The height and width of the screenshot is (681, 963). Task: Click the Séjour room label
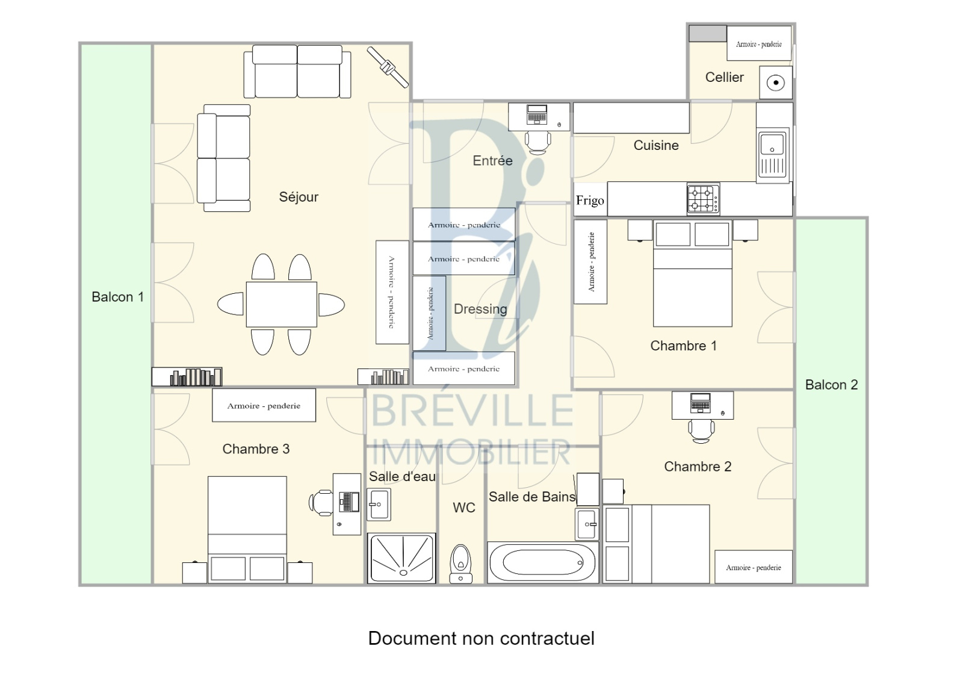pyautogui.click(x=299, y=197)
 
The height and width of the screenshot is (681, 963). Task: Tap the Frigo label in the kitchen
pyautogui.click(x=590, y=201)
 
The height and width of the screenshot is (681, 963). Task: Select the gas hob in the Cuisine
pyautogui.click(x=703, y=199)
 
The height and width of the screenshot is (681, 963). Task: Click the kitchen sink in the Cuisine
pyautogui.click(x=773, y=154)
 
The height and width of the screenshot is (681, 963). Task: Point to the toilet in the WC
pyautogui.click(x=460, y=564)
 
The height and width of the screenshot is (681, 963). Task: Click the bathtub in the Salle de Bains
pyautogui.click(x=542, y=562)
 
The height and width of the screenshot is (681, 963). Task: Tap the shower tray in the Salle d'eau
pyautogui.click(x=401, y=558)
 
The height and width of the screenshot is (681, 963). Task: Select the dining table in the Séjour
pyautogui.click(x=281, y=304)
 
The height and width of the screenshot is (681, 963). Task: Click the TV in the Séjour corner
pyautogui.click(x=388, y=67)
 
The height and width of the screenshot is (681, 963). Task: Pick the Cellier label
pyautogui.click(x=725, y=78)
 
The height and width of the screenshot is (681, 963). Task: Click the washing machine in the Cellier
pyautogui.click(x=776, y=82)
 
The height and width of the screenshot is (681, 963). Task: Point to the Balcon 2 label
pyautogui.click(x=831, y=385)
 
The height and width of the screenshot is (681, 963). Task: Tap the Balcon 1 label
pyautogui.click(x=118, y=297)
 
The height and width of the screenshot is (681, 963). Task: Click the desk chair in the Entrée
pyautogui.click(x=537, y=142)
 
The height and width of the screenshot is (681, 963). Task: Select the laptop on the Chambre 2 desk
pyautogui.click(x=701, y=403)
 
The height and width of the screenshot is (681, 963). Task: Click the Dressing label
pyautogui.click(x=480, y=309)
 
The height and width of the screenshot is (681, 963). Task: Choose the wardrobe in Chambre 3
pyautogui.click(x=264, y=405)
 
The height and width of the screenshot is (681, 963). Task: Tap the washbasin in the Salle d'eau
pyautogui.click(x=379, y=504)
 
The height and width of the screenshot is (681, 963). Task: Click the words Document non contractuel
pyautogui.click(x=482, y=638)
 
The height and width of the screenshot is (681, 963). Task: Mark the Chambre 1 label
pyautogui.click(x=684, y=346)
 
